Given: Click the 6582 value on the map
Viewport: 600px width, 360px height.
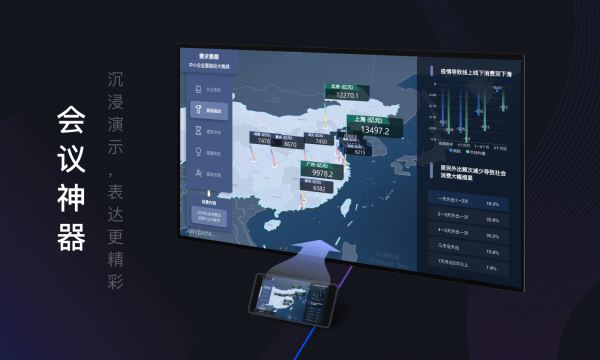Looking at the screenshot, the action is [x=318, y=188].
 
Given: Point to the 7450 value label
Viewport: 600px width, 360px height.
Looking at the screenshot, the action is [x=319, y=142].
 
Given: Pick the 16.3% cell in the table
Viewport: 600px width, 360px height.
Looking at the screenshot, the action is [x=491, y=203].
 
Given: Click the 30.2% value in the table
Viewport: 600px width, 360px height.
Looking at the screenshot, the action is [x=491, y=236].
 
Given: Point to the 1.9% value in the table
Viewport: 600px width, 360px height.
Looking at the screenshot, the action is [x=490, y=267].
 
